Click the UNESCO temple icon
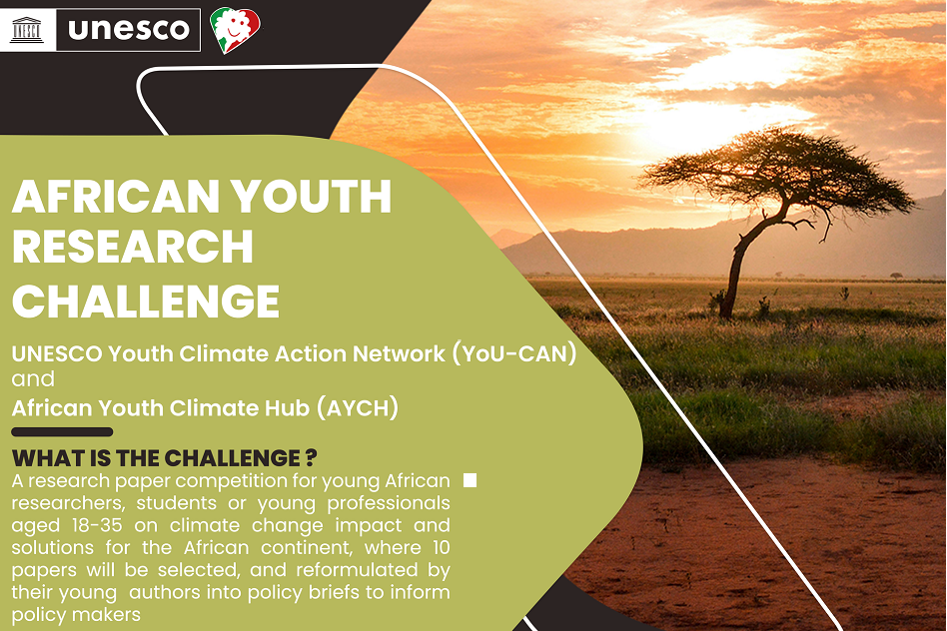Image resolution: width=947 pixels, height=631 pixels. pos(27,29)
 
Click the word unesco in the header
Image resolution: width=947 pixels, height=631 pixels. pos(129,30)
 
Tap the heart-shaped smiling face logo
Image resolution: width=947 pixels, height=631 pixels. pos(236,29)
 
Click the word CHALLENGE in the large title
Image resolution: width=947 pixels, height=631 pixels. pos(146,301)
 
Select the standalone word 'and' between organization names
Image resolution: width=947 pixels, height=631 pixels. pos(33,380)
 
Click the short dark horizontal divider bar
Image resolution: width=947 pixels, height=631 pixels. pos(62,432)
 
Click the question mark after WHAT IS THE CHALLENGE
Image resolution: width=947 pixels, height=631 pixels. pos(311,458)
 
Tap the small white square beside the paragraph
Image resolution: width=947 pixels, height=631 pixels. pos(470,481)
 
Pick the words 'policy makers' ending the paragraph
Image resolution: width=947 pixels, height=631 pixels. pos(76,615)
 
